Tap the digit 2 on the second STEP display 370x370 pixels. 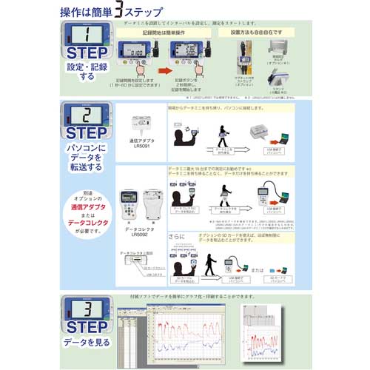tap(87, 115)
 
